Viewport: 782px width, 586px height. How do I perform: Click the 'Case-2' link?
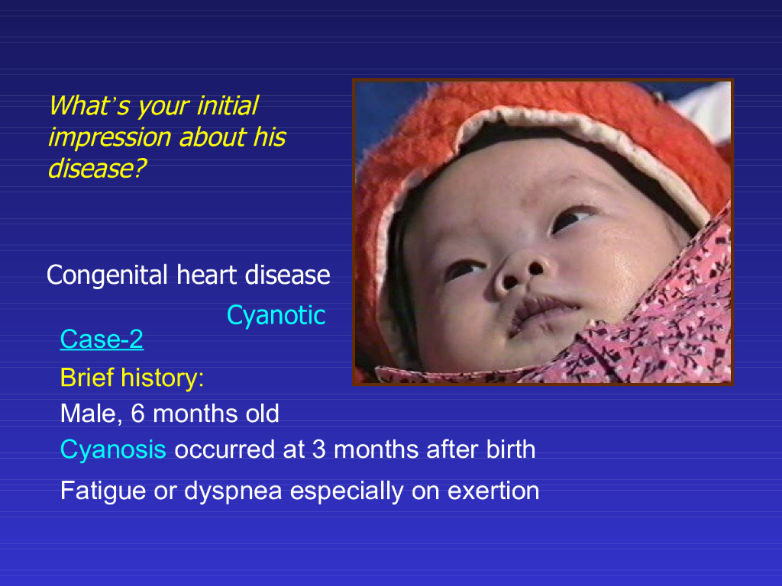click(102, 340)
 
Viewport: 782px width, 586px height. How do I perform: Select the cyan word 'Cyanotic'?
click(276, 315)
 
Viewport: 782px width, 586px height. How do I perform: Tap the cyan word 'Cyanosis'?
click(113, 450)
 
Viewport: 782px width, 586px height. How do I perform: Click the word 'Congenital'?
click(107, 275)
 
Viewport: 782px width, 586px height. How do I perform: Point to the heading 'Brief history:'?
click(132, 378)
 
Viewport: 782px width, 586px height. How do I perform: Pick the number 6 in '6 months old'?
click(137, 414)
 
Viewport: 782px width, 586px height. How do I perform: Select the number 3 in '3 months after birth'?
click(319, 449)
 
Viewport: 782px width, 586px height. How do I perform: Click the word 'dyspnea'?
click(233, 492)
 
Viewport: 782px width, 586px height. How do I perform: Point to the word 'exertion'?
click(493, 491)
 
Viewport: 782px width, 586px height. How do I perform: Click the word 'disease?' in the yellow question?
click(97, 169)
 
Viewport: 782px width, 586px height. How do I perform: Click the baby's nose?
click(520, 275)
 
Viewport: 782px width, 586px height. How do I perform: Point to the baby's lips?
click(541, 313)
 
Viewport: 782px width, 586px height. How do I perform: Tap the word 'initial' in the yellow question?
click(228, 105)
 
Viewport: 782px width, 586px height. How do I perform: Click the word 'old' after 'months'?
click(262, 414)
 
